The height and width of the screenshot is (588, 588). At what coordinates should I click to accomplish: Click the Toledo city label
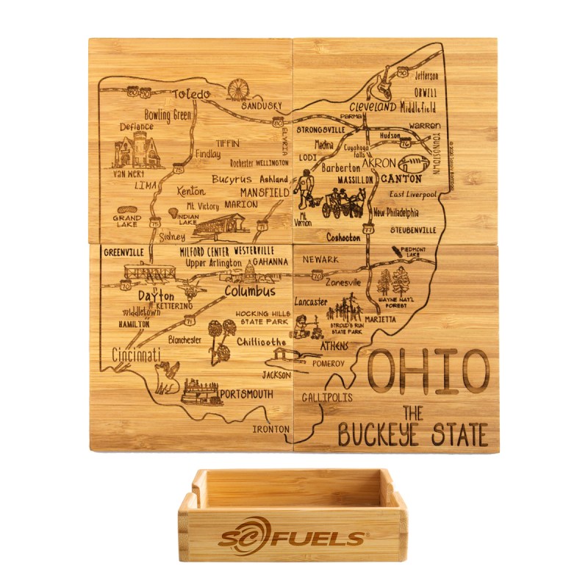[x=191, y=94]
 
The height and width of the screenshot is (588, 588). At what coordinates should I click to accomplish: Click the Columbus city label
[x=250, y=292]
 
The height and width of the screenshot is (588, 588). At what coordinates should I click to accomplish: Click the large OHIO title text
[x=426, y=371]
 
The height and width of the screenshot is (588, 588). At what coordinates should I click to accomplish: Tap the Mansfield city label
[x=264, y=193]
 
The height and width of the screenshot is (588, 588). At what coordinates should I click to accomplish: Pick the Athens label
[x=335, y=345]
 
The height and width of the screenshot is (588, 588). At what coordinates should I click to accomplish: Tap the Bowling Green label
[x=167, y=115]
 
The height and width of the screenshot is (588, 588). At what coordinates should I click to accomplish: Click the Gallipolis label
[x=326, y=398]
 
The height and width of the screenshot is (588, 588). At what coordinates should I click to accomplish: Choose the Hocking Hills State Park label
[x=262, y=318]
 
